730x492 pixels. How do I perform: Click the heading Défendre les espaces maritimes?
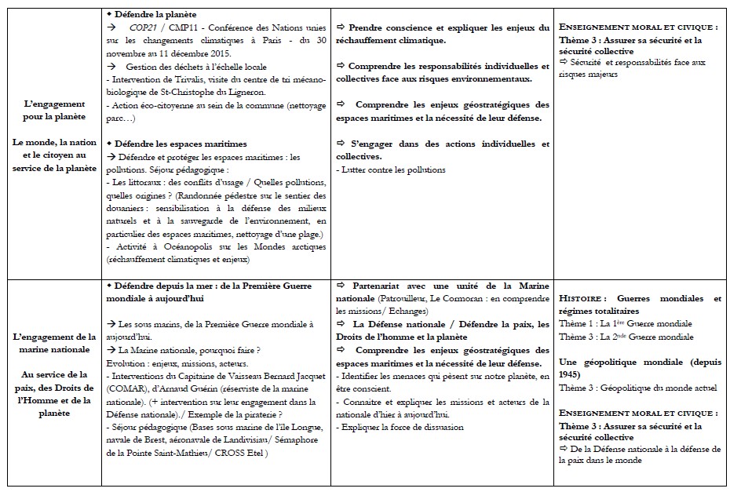[x=180, y=144]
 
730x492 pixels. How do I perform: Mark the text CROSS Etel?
[x=243, y=454]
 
